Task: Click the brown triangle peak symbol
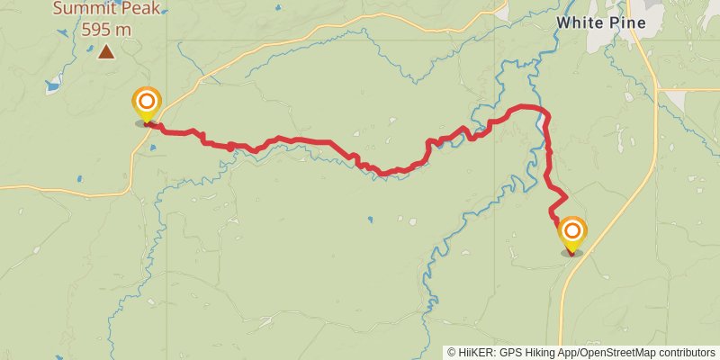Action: pos(106,52)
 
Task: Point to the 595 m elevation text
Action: pos(106,29)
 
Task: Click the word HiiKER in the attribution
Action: pos(475,353)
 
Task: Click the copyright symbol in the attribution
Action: pos(451,353)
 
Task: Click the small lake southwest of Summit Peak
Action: pos(52,86)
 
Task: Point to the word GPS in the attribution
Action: pos(509,353)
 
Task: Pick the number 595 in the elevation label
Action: pos(98,29)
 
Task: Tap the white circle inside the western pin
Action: pos(146,99)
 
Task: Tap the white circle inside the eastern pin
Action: pos(571,230)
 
